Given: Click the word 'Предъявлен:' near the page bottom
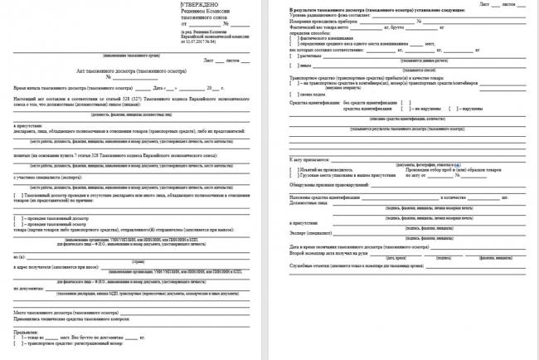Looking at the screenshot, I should [27, 333].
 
